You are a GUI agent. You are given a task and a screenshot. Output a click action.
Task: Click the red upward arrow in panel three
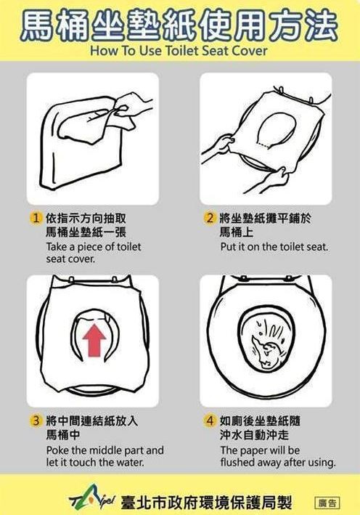(94, 340)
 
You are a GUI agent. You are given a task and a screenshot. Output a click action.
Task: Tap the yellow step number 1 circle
(36, 218)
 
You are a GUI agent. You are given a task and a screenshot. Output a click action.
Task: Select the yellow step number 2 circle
(210, 218)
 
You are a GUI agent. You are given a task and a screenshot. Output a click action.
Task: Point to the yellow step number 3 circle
(36, 421)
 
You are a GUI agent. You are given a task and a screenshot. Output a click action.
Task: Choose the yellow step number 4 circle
(210, 421)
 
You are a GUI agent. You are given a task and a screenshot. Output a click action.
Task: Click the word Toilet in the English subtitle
(181, 51)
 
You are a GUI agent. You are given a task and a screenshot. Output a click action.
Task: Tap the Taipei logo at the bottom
(92, 500)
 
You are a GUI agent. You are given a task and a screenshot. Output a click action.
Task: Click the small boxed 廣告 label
(327, 503)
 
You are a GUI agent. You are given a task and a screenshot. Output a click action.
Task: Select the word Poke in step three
(57, 450)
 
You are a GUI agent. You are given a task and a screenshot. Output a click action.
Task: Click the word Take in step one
(57, 247)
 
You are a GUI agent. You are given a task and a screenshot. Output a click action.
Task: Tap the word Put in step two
(227, 247)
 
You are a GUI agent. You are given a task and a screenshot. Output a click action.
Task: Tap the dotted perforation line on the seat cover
(263, 145)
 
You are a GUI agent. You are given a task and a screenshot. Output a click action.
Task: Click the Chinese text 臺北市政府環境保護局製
(206, 501)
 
